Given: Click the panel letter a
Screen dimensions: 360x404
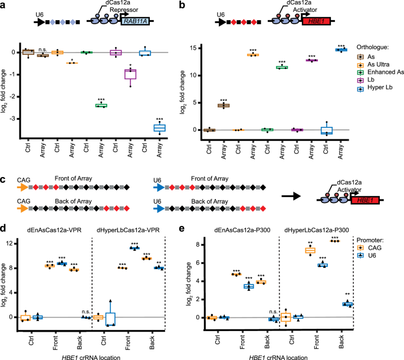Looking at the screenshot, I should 4,5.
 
